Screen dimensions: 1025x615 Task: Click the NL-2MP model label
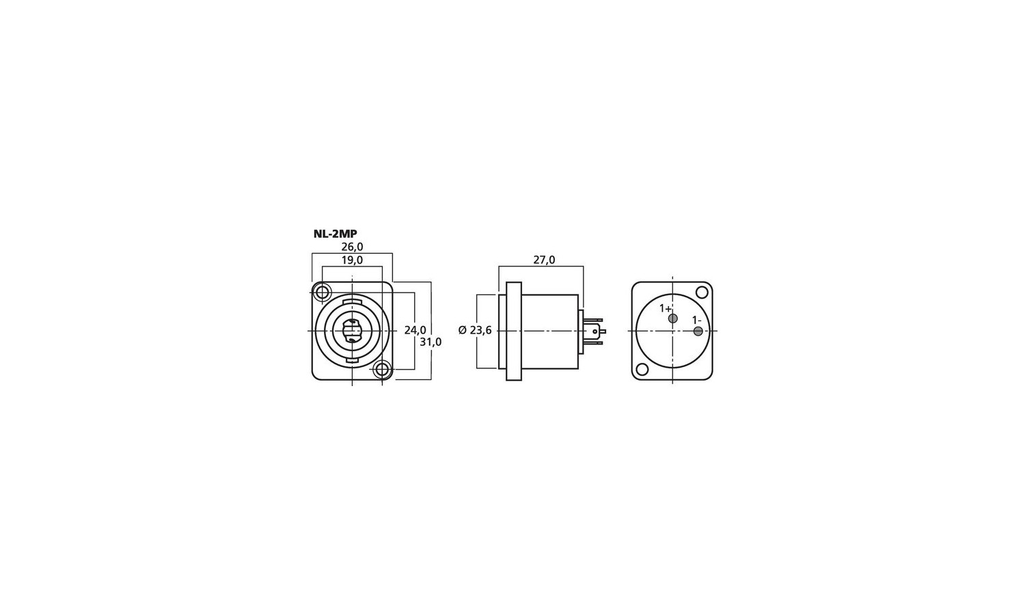pyautogui.click(x=335, y=234)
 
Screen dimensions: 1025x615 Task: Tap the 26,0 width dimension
pyautogui.click(x=352, y=247)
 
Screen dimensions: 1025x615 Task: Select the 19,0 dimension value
pyautogui.click(x=352, y=260)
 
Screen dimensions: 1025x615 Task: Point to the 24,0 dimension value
pyautogui.click(x=415, y=330)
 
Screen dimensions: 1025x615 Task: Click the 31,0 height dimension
pyautogui.click(x=430, y=342)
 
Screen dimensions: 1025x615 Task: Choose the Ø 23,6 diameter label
pyautogui.click(x=475, y=330)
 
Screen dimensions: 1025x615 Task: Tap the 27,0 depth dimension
pyautogui.click(x=544, y=260)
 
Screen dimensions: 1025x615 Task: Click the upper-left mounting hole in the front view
pyautogui.click(x=323, y=292)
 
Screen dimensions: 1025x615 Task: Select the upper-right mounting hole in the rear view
pyautogui.click(x=701, y=292)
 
